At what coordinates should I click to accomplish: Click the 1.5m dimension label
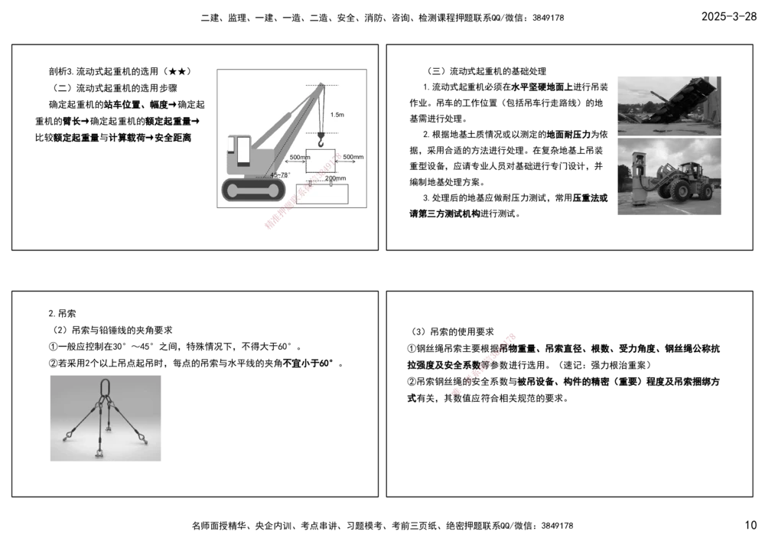337,115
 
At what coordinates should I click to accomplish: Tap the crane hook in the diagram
322,140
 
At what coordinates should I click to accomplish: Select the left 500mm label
298,157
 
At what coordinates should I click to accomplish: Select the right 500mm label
353,157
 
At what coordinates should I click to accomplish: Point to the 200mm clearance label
335,178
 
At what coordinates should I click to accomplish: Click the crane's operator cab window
243,152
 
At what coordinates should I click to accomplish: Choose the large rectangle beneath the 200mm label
321,194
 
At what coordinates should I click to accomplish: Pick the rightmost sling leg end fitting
142,437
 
